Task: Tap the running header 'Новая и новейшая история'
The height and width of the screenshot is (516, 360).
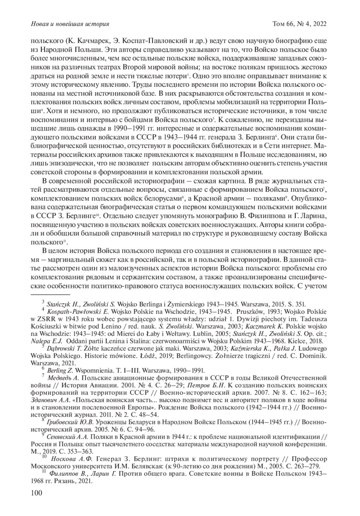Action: (x=70, y=24)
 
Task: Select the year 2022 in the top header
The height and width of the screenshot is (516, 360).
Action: (x=320, y=24)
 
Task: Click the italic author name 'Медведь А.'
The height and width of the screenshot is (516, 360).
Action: (x=62, y=378)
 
